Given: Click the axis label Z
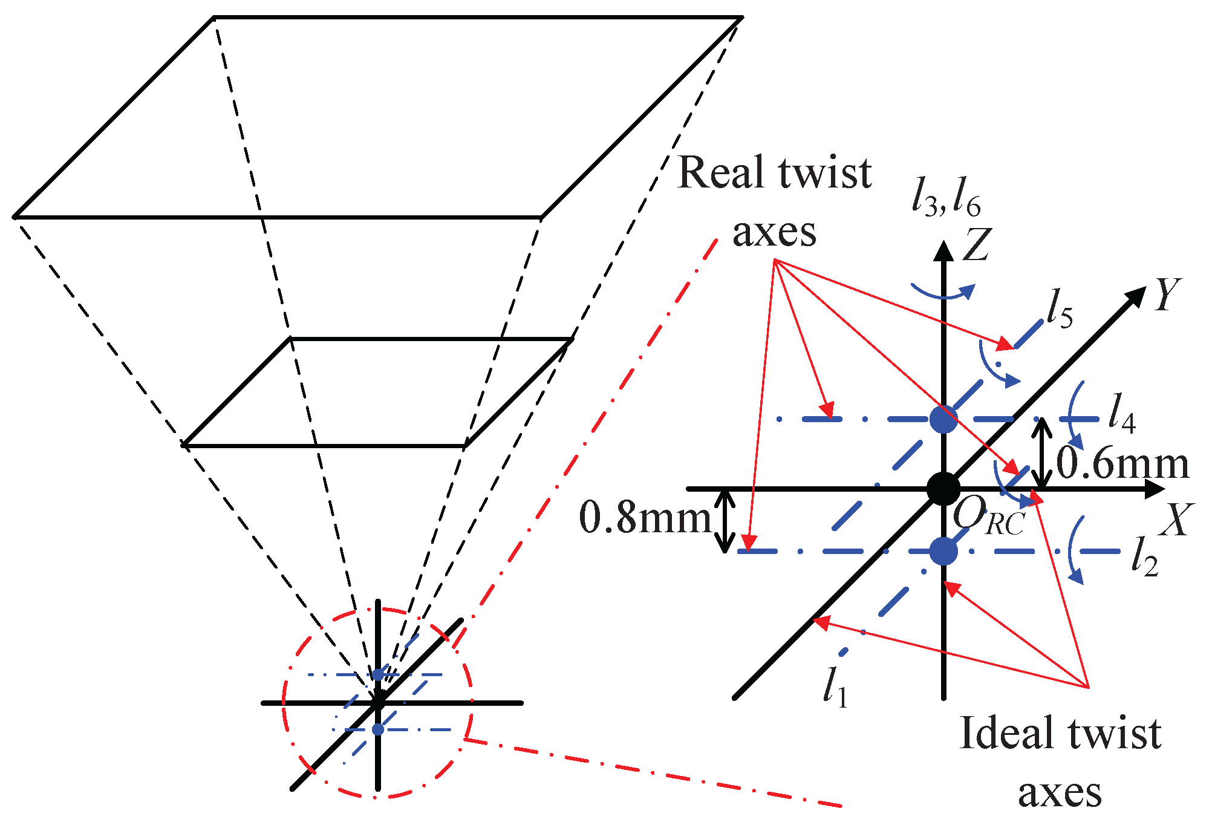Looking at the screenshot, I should click(975, 244).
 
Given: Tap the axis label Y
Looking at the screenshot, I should click(1167, 295).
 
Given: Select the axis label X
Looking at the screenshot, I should click(1176, 520).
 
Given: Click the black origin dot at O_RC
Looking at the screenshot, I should click(943, 489).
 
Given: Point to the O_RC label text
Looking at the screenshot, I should click(989, 518).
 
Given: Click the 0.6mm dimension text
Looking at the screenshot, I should click(1122, 465).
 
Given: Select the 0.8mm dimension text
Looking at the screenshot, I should click(645, 519).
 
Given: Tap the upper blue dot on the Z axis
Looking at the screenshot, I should click(943, 419).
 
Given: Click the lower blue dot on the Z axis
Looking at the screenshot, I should click(943, 551).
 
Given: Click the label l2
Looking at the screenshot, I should click(1144, 556).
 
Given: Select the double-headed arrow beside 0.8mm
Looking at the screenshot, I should click(725, 521).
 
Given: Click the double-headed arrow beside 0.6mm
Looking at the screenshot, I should click(1040, 454).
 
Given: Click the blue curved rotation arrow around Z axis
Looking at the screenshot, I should click(943, 295).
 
